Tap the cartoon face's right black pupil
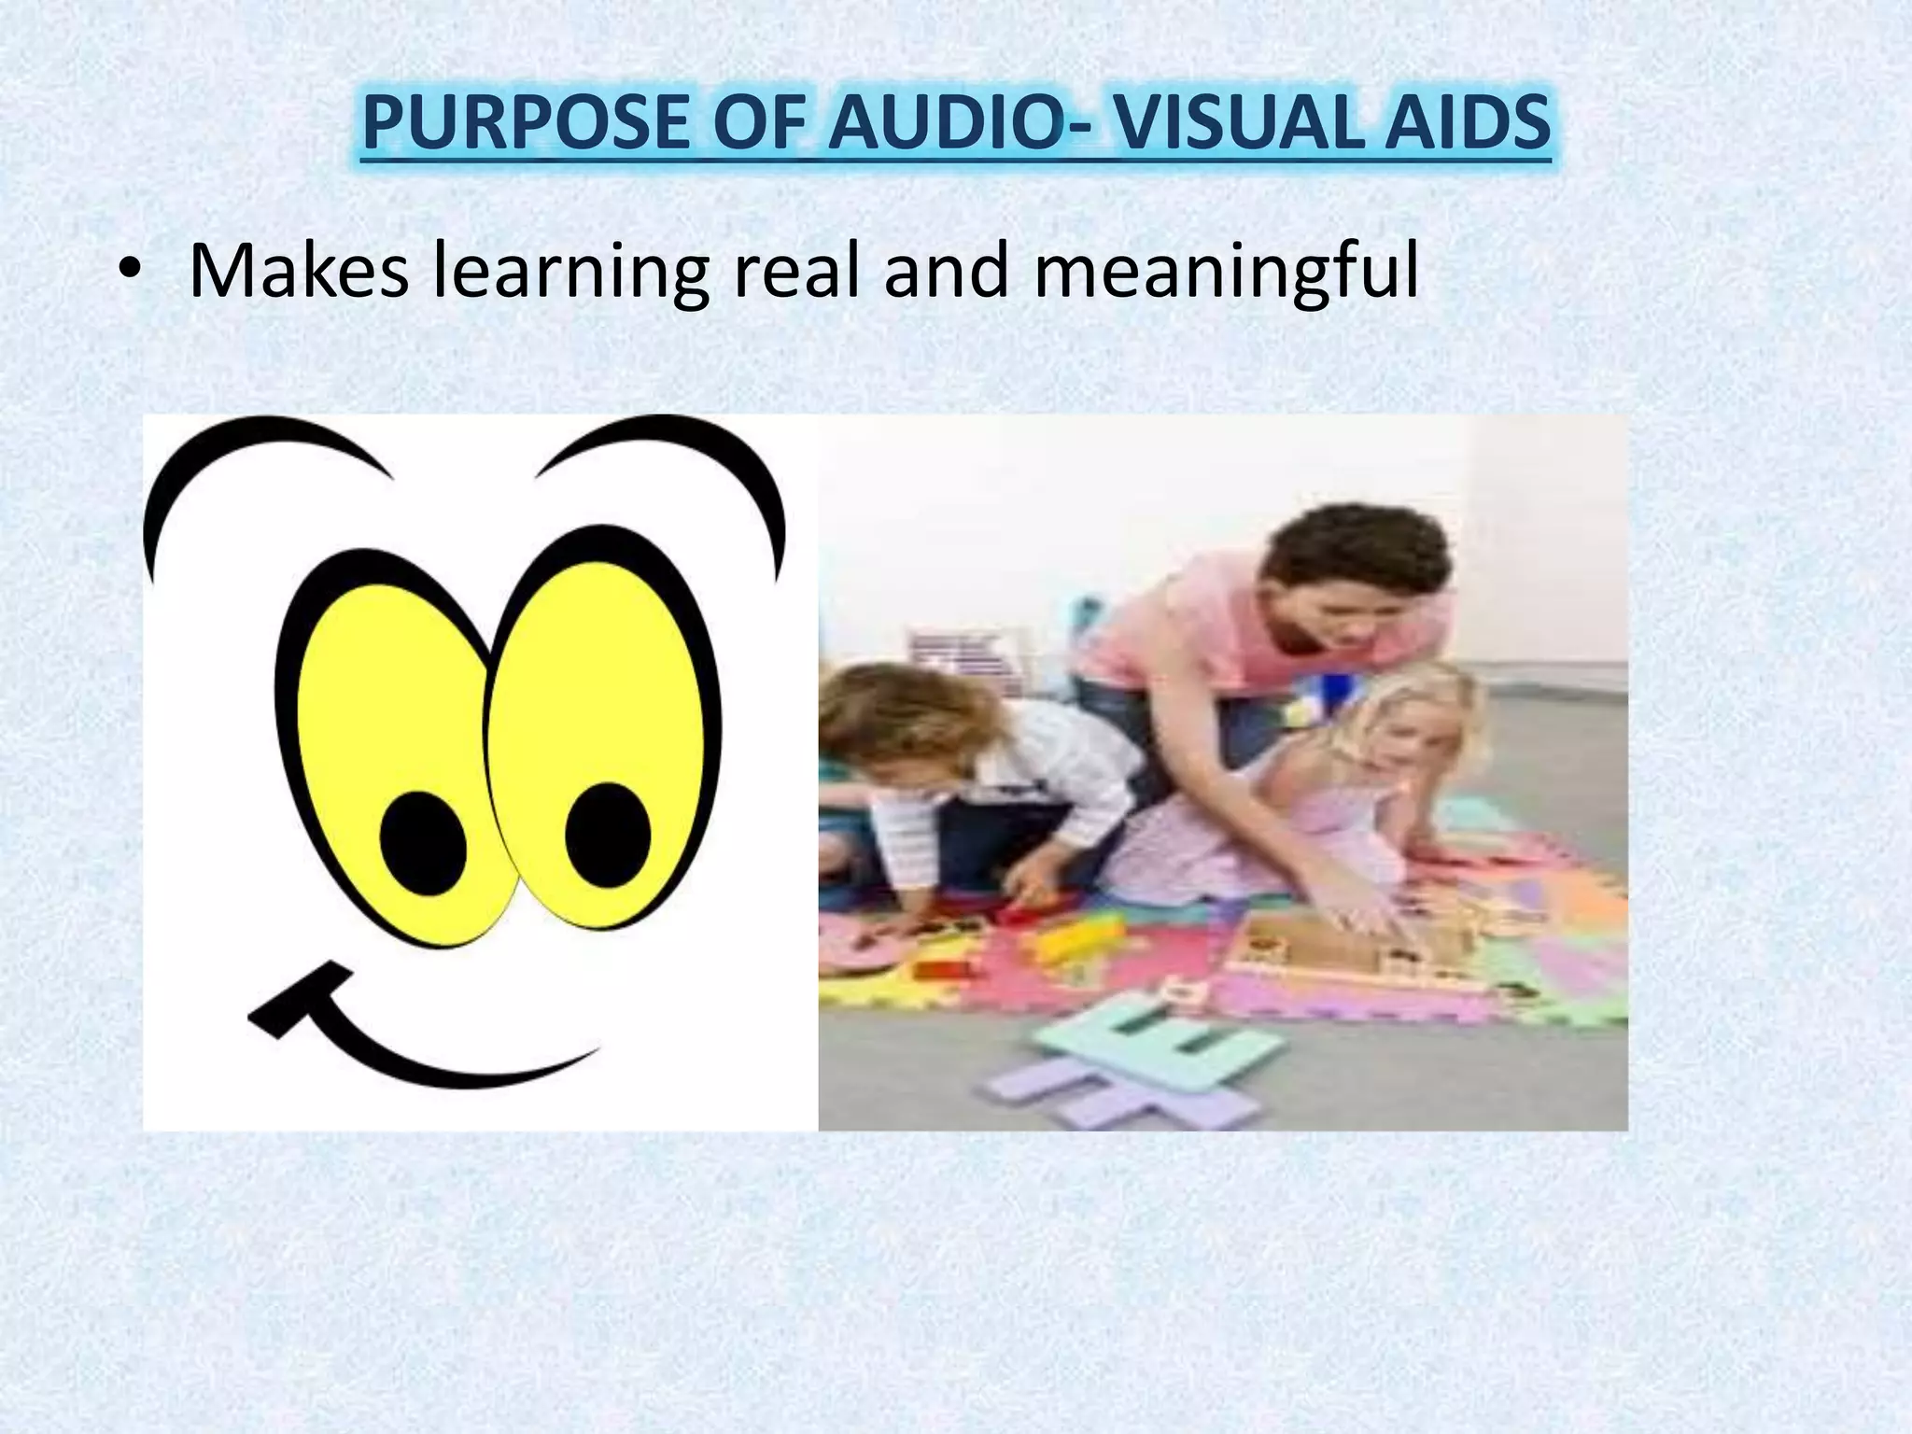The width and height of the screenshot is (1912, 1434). (x=608, y=834)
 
